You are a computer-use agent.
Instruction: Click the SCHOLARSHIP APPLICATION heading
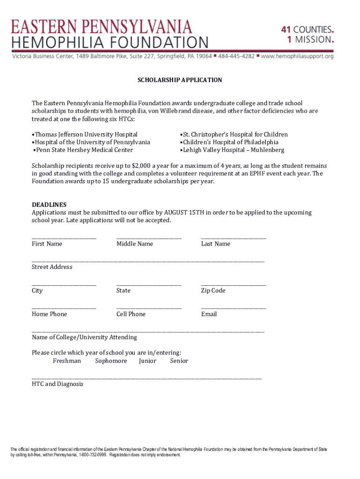(180, 80)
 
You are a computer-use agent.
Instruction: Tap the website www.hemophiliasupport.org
(297, 56)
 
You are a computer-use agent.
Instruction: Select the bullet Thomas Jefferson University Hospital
(86, 135)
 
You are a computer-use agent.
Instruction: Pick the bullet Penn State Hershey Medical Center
(83, 150)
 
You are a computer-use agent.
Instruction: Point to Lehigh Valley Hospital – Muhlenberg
(233, 150)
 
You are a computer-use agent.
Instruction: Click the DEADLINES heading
(49, 205)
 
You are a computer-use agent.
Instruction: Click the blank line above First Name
(64, 238)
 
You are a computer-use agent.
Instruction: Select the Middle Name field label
(135, 244)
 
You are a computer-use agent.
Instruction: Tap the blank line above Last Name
(233, 238)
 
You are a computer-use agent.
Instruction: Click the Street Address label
(52, 267)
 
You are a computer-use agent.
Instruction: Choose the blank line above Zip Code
(233, 285)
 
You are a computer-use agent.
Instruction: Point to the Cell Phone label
(131, 314)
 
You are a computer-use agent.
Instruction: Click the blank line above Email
(233, 308)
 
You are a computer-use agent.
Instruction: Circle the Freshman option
(67, 361)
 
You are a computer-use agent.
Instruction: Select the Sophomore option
(111, 361)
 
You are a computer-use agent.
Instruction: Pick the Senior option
(179, 361)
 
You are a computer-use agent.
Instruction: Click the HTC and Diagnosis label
(58, 384)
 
